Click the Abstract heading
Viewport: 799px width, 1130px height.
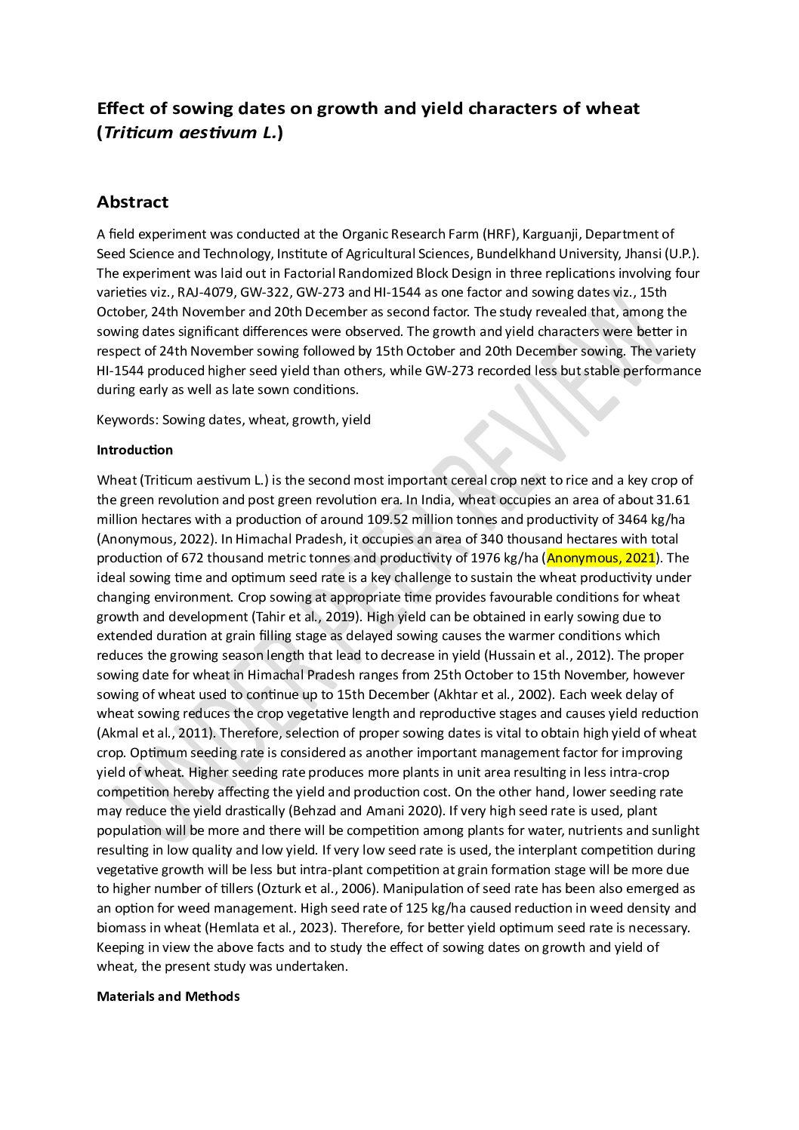[132, 202]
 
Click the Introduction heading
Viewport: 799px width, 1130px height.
[134, 450]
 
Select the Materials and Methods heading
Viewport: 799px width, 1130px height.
[168, 996]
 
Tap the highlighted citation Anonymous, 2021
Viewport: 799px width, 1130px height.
[600, 558]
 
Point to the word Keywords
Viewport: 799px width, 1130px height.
[126, 420]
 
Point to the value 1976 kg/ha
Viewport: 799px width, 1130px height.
[501, 558]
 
